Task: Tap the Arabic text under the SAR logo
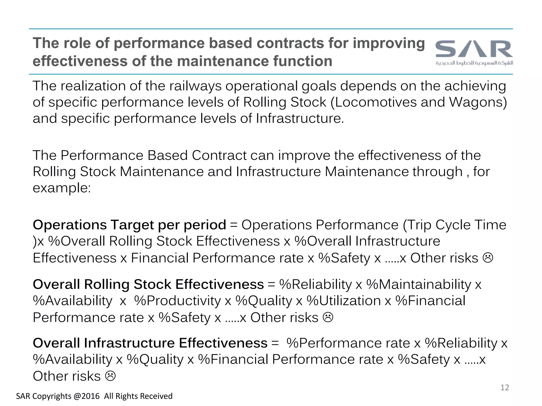[x=474, y=63]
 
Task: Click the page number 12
[x=505, y=387]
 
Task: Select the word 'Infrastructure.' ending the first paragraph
[x=300, y=118]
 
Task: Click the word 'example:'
[x=62, y=188]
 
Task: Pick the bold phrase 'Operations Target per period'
[x=129, y=225]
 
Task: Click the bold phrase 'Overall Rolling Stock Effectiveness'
[x=148, y=284]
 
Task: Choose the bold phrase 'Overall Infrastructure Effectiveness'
[x=150, y=343]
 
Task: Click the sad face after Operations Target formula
[x=488, y=258]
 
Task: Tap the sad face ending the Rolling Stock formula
[x=328, y=317]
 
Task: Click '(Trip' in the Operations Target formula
[x=417, y=225]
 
